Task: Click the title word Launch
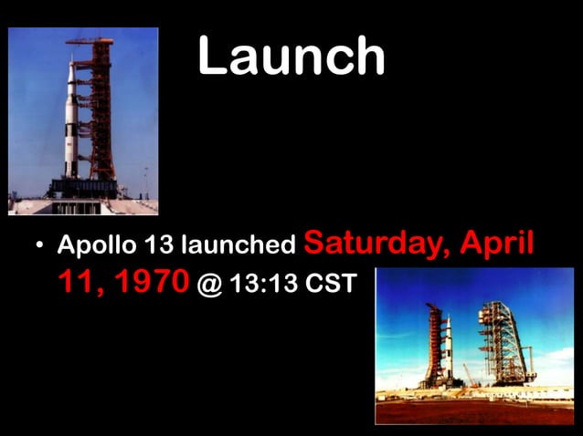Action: (291, 57)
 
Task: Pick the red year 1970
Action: (147, 283)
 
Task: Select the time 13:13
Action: (264, 285)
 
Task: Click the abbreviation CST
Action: (329, 285)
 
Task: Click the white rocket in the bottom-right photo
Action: (448, 347)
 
